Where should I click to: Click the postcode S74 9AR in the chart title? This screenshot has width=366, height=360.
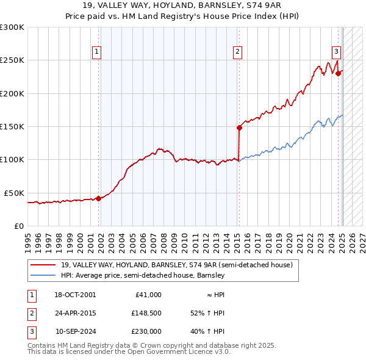264,5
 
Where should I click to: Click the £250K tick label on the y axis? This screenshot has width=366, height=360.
12,60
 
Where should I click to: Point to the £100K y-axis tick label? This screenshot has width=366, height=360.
12,160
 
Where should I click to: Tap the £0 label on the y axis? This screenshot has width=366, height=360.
18,226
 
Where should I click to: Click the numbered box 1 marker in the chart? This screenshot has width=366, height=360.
97,52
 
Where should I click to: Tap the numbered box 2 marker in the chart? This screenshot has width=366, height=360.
237,52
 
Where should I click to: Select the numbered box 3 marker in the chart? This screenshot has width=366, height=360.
336,52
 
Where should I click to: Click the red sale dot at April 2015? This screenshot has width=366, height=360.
239,128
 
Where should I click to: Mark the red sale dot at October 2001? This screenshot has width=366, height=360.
99,198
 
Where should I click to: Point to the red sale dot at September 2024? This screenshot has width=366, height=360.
338,74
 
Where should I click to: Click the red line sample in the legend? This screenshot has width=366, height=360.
44,265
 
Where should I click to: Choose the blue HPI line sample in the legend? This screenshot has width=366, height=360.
44,276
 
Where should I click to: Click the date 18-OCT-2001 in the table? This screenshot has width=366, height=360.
75,295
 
